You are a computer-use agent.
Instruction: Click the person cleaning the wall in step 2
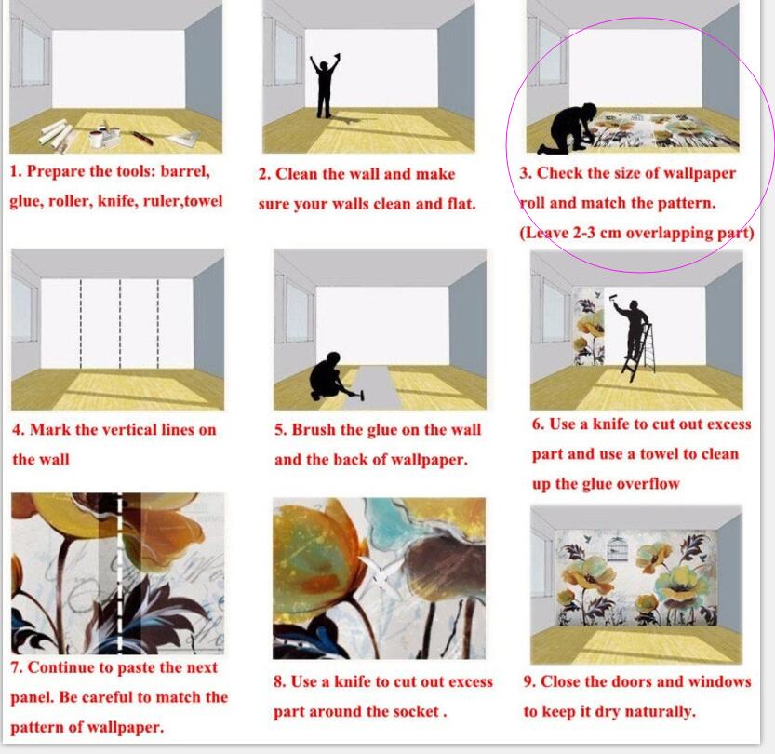(x=324, y=87)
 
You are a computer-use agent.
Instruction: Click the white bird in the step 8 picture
(x=381, y=573)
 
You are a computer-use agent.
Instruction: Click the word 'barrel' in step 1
(x=185, y=171)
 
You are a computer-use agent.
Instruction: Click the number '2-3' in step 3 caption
(x=583, y=233)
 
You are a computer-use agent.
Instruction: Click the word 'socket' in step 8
(x=416, y=711)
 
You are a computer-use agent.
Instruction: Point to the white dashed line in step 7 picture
(x=119, y=573)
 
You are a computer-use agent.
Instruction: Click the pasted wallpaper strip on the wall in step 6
(x=589, y=327)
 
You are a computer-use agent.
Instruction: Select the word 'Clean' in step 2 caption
(x=298, y=174)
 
